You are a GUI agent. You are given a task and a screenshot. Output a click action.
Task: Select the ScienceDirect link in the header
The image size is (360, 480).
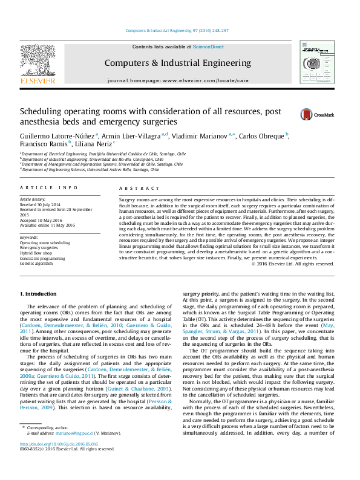pos(209,47)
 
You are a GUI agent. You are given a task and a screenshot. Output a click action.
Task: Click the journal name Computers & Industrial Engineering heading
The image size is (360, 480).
pos(177,63)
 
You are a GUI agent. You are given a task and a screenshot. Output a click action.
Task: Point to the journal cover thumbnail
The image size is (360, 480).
pos(318,62)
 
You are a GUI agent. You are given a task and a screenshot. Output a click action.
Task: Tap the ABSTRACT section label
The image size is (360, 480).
pos(133,188)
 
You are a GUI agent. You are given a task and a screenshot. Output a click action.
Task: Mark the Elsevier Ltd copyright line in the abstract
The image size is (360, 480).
pos(292,263)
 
